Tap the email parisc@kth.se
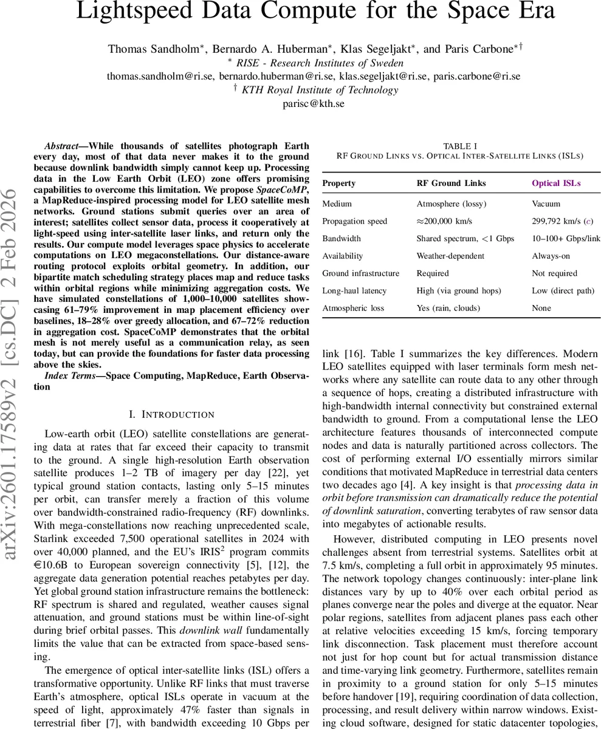tap(314, 103)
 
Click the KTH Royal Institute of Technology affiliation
tap(320, 90)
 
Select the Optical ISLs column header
tap(556, 183)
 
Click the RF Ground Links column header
tap(447, 183)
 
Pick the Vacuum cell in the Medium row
tap(546, 204)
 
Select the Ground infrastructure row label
tap(361, 273)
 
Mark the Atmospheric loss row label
tap(353, 308)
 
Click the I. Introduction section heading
tap(172, 414)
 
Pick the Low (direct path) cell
tap(563, 291)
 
